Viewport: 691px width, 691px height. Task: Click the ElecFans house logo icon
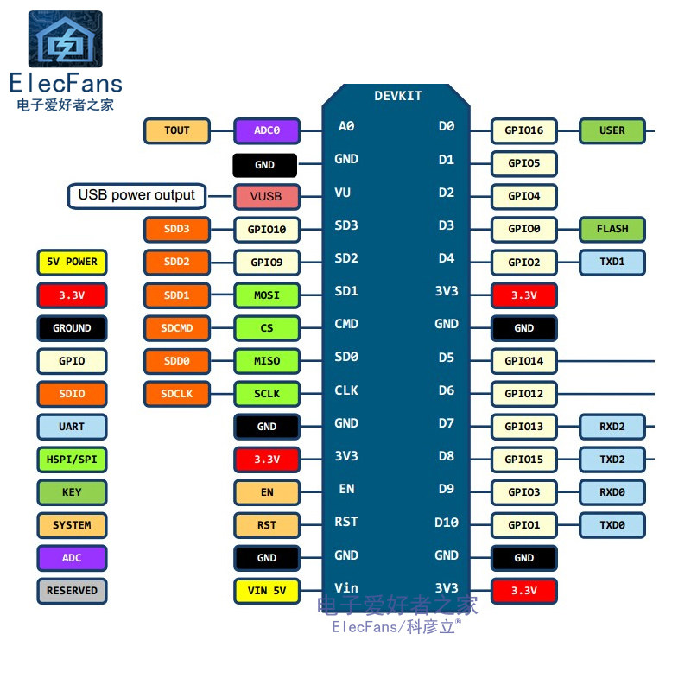click(65, 40)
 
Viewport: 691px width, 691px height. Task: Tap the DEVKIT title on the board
click(398, 96)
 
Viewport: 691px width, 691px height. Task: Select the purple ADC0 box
click(267, 130)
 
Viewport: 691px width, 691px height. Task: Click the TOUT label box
click(176, 130)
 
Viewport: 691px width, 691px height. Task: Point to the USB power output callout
click(136, 195)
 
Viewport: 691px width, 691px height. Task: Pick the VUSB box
click(266, 196)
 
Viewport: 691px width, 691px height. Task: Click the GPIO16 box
click(523, 130)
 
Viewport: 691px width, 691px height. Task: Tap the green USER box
click(612, 130)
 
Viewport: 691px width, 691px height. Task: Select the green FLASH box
click(612, 229)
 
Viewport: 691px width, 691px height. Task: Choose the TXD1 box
click(612, 262)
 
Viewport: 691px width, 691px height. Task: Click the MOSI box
click(267, 295)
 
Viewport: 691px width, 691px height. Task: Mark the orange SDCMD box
click(176, 327)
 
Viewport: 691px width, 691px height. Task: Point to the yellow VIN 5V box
click(266, 591)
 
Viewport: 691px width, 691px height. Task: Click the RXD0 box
click(612, 491)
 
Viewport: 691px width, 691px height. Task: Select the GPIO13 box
click(523, 426)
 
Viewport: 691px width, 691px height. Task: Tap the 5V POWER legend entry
click(72, 262)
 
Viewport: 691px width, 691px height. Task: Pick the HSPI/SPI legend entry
click(72, 459)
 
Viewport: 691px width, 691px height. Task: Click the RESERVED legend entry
click(72, 591)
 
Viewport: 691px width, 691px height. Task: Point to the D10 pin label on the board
click(446, 523)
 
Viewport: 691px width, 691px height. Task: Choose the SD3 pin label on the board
click(346, 225)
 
